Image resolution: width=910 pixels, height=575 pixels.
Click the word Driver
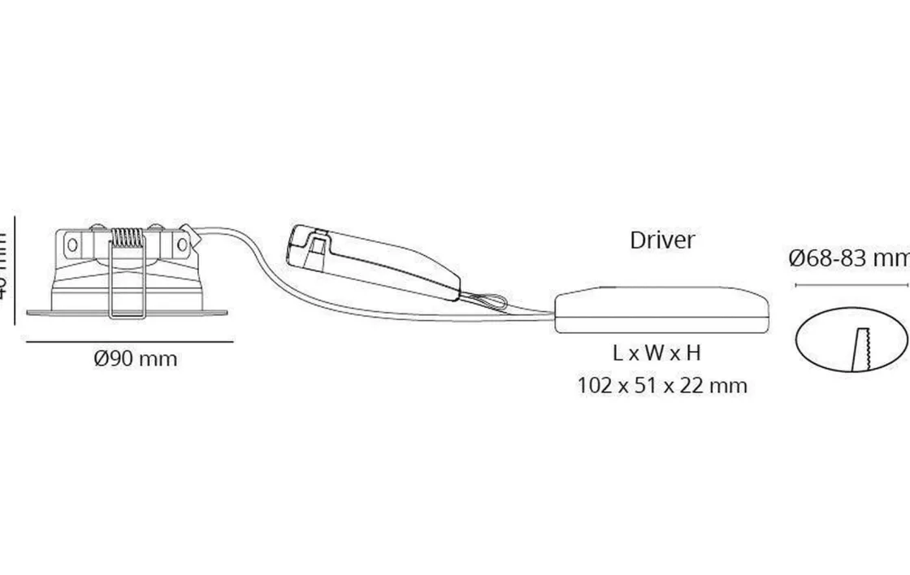tap(662, 240)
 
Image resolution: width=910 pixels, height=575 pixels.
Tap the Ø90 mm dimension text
tap(135, 358)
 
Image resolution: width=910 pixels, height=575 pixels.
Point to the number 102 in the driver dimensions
tap(593, 385)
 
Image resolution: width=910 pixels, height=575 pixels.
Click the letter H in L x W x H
tap(692, 353)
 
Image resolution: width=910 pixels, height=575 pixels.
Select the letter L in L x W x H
tap(618, 353)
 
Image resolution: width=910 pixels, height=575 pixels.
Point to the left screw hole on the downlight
tap(72, 244)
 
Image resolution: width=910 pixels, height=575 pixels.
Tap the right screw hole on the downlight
tap(182, 244)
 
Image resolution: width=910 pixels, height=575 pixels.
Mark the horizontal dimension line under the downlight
tap(129, 341)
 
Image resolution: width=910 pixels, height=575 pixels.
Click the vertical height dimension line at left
tap(15, 268)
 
